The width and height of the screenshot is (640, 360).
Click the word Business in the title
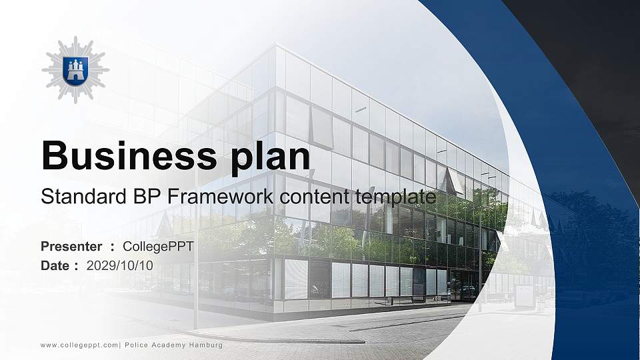pyautogui.click(x=126, y=157)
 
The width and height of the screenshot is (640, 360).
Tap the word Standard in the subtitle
pyautogui.click(x=79, y=197)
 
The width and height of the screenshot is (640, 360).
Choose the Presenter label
pyautogui.click(x=71, y=247)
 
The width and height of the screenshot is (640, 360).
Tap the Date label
pyautogui.click(x=55, y=265)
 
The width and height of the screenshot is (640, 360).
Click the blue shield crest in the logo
pyautogui.click(x=75, y=70)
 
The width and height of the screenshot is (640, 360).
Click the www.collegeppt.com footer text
pyautogui.click(x=79, y=345)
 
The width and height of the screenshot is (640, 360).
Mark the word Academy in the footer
pyautogui.click(x=167, y=345)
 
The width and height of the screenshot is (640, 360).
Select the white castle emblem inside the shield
pyautogui.click(x=75, y=69)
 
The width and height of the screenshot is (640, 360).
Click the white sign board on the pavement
pyautogui.click(x=523, y=296)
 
